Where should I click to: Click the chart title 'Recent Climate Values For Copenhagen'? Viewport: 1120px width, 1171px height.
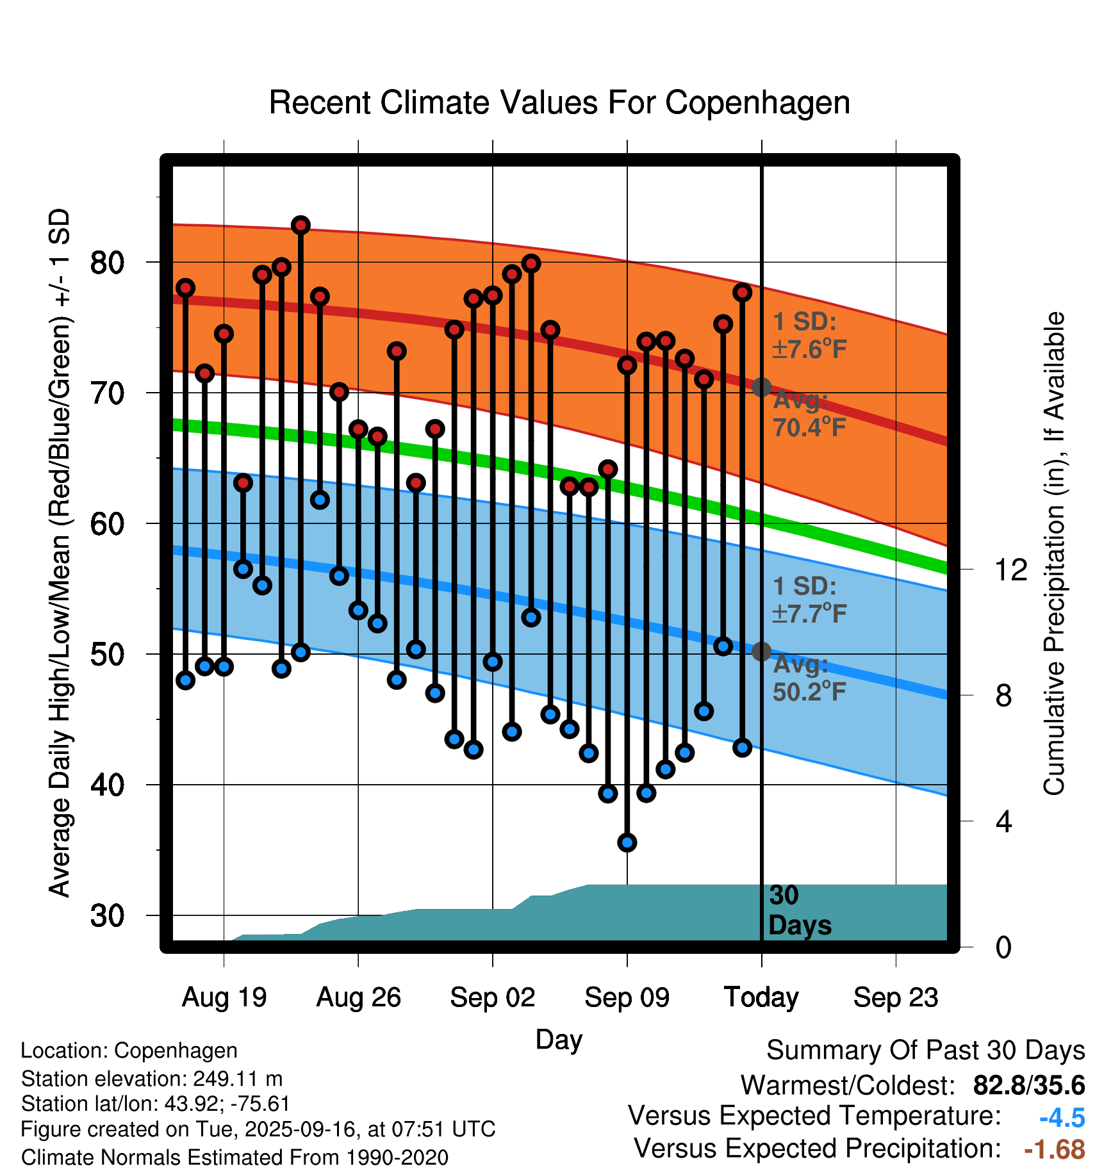point(559,102)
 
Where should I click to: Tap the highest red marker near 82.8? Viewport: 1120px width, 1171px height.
point(301,225)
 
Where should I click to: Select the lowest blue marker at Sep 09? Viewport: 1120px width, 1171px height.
point(627,842)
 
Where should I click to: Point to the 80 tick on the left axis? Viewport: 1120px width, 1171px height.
point(107,263)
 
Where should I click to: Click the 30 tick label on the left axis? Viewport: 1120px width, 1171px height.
point(107,915)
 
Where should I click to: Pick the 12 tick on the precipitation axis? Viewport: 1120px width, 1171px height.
point(1010,569)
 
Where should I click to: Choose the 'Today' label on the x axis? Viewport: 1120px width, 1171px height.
point(761,997)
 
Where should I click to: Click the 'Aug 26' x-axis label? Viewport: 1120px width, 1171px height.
point(358,997)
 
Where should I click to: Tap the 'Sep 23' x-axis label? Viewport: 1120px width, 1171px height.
point(896,997)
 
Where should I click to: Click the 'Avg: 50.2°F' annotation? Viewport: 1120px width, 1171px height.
point(809,678)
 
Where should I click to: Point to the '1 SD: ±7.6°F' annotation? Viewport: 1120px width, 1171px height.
point(809,336)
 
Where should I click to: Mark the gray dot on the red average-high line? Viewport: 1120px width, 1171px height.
point(761,387)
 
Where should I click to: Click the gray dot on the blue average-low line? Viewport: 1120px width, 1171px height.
point(761,651)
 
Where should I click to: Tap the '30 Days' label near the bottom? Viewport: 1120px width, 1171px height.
point(799,910)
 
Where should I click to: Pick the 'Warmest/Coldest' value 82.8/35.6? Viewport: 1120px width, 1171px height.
point(1028,1085)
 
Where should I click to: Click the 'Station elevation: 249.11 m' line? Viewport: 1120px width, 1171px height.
point(152,1079)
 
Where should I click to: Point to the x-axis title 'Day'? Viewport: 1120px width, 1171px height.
point(559,1039)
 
